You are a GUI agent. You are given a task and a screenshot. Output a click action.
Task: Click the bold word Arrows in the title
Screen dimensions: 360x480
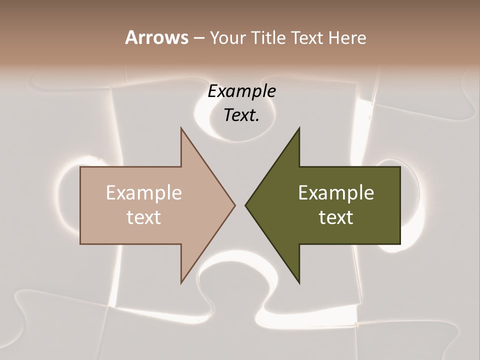[x=156, y=37]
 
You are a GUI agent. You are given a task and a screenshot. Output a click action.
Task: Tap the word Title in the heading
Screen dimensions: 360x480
[x=268, y=37]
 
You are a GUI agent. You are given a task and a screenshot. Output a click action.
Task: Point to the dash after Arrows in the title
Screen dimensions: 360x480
[x=198, y=38]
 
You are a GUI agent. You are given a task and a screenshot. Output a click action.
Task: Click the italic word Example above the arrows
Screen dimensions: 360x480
[x=242, y=91]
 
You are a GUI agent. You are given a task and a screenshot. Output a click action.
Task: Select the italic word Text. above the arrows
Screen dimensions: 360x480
[x=241, y=115]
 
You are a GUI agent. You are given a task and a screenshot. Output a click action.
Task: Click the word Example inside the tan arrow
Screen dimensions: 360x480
[x=144, y=192]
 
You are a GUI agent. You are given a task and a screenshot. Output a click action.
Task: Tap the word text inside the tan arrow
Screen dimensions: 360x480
[x=144, y=217]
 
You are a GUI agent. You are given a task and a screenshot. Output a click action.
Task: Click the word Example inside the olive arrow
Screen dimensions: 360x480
[x=336, y=192]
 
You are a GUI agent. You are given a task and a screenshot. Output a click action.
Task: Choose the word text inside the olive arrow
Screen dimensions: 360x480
[x=336, y=217]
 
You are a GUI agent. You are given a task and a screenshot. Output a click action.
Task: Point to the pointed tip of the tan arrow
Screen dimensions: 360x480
[x=235, y=204]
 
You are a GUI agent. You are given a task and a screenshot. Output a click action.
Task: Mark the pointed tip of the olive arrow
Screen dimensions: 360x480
[x=245, y=204]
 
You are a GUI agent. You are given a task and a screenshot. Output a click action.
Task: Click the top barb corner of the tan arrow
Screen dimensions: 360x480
[x=181, y=128]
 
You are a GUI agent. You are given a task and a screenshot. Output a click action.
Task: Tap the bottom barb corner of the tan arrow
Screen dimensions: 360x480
[x=181, y=282]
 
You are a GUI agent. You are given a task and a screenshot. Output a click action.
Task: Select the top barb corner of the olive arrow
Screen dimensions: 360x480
[x=299, y=128]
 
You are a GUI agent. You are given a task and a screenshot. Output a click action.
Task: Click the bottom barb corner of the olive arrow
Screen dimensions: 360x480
[x=299, y=282]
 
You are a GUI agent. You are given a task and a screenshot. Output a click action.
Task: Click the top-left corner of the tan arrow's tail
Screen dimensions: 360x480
[x=80, y=167]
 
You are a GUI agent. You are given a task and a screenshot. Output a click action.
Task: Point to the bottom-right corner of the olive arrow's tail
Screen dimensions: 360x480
[x=400, y=243]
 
